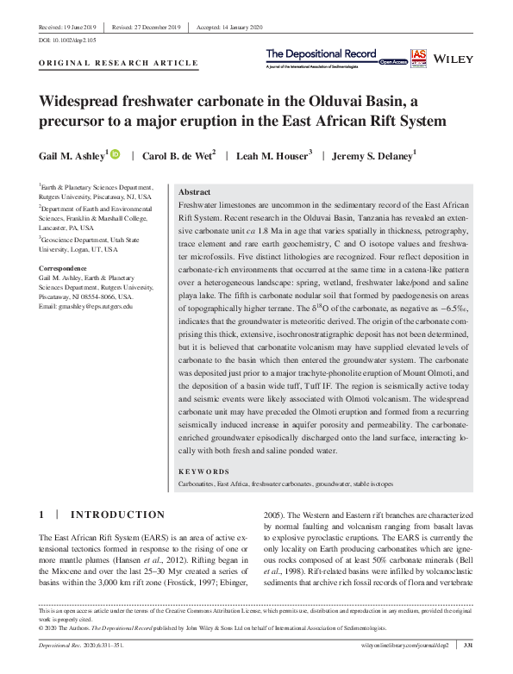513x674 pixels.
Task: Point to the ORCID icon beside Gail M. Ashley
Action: (115, 154)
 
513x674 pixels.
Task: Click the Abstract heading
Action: (194, 192)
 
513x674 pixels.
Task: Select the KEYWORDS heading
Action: (203, 471)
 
